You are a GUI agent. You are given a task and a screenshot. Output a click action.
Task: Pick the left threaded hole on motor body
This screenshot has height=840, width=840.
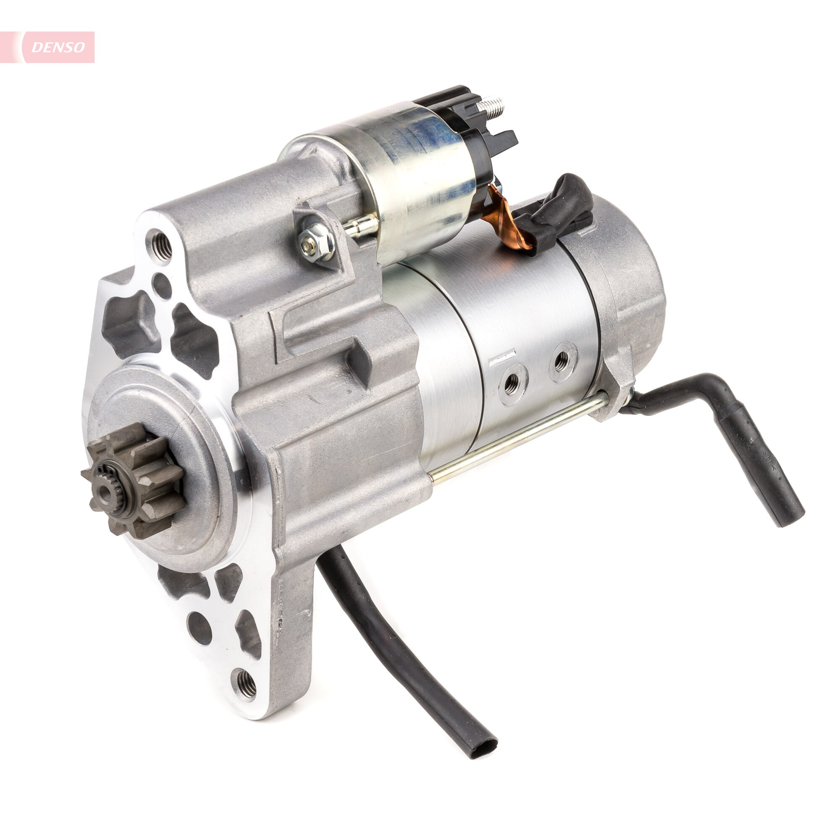coord(514,384)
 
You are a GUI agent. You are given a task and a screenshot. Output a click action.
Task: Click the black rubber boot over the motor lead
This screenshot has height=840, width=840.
coord(561,213)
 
